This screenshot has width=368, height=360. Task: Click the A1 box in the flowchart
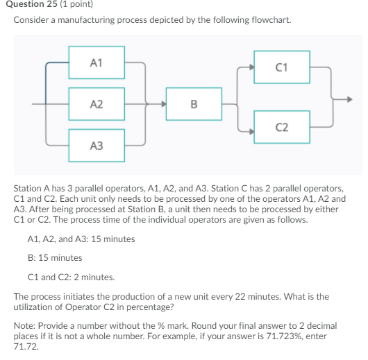pyautogui.click(x=96, y=63)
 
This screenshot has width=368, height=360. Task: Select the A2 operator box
pyautogui.click(x=96, y=104)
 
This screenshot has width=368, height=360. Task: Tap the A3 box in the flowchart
pyautogui.click(x=96, y=145)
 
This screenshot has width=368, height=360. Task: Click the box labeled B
pyautogui.click(x=193, y=105)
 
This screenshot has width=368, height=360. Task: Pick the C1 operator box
pyautogui.click(x=281, y=67)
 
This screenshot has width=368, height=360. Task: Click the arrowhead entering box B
pyautogui.click(x=163, y=105)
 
